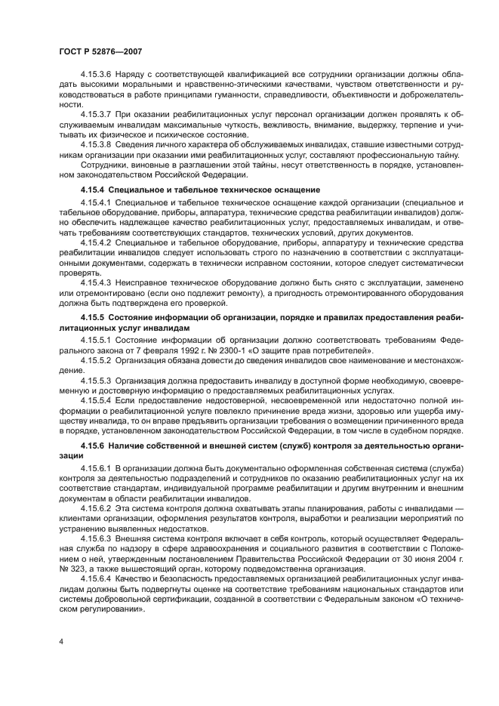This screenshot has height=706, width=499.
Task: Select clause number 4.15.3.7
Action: [97, 113]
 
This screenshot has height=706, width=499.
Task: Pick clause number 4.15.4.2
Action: [97, 244]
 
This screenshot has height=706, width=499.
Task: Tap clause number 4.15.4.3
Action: [97, 281]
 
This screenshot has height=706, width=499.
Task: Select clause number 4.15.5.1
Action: [97, 341]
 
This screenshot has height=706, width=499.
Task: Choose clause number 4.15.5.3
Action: [97, 378]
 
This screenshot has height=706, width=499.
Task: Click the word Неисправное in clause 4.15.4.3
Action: [143, 281]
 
